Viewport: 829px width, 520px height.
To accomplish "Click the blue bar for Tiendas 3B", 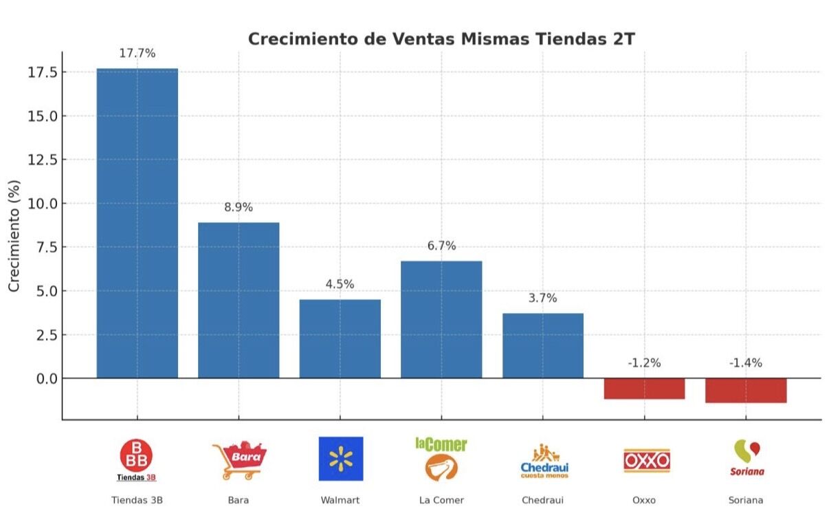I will click(137, 223).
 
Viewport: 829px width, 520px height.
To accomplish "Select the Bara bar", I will click(239, 300).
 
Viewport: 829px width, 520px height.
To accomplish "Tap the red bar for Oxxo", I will click(644, 389).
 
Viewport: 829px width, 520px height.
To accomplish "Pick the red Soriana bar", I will click(746, 391).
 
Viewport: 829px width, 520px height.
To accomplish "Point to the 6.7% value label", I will click(441, 246).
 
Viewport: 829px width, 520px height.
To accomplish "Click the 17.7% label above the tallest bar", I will click(137, 54).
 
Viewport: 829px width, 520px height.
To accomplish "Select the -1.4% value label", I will click(746, 363).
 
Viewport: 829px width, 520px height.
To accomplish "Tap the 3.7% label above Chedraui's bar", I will click(542, 299).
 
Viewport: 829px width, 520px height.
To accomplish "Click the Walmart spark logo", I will click(340, 459).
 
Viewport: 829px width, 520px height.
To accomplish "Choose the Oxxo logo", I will click(646, 460).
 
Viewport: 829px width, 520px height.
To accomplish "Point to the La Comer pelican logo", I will click(441, 467).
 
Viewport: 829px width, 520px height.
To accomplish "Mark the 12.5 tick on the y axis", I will click(42, 160).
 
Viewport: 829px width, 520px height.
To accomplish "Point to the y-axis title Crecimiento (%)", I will click(14, 235).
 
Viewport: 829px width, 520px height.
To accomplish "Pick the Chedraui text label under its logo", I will click(542, 500).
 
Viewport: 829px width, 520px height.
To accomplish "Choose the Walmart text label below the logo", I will click(340, 500).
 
